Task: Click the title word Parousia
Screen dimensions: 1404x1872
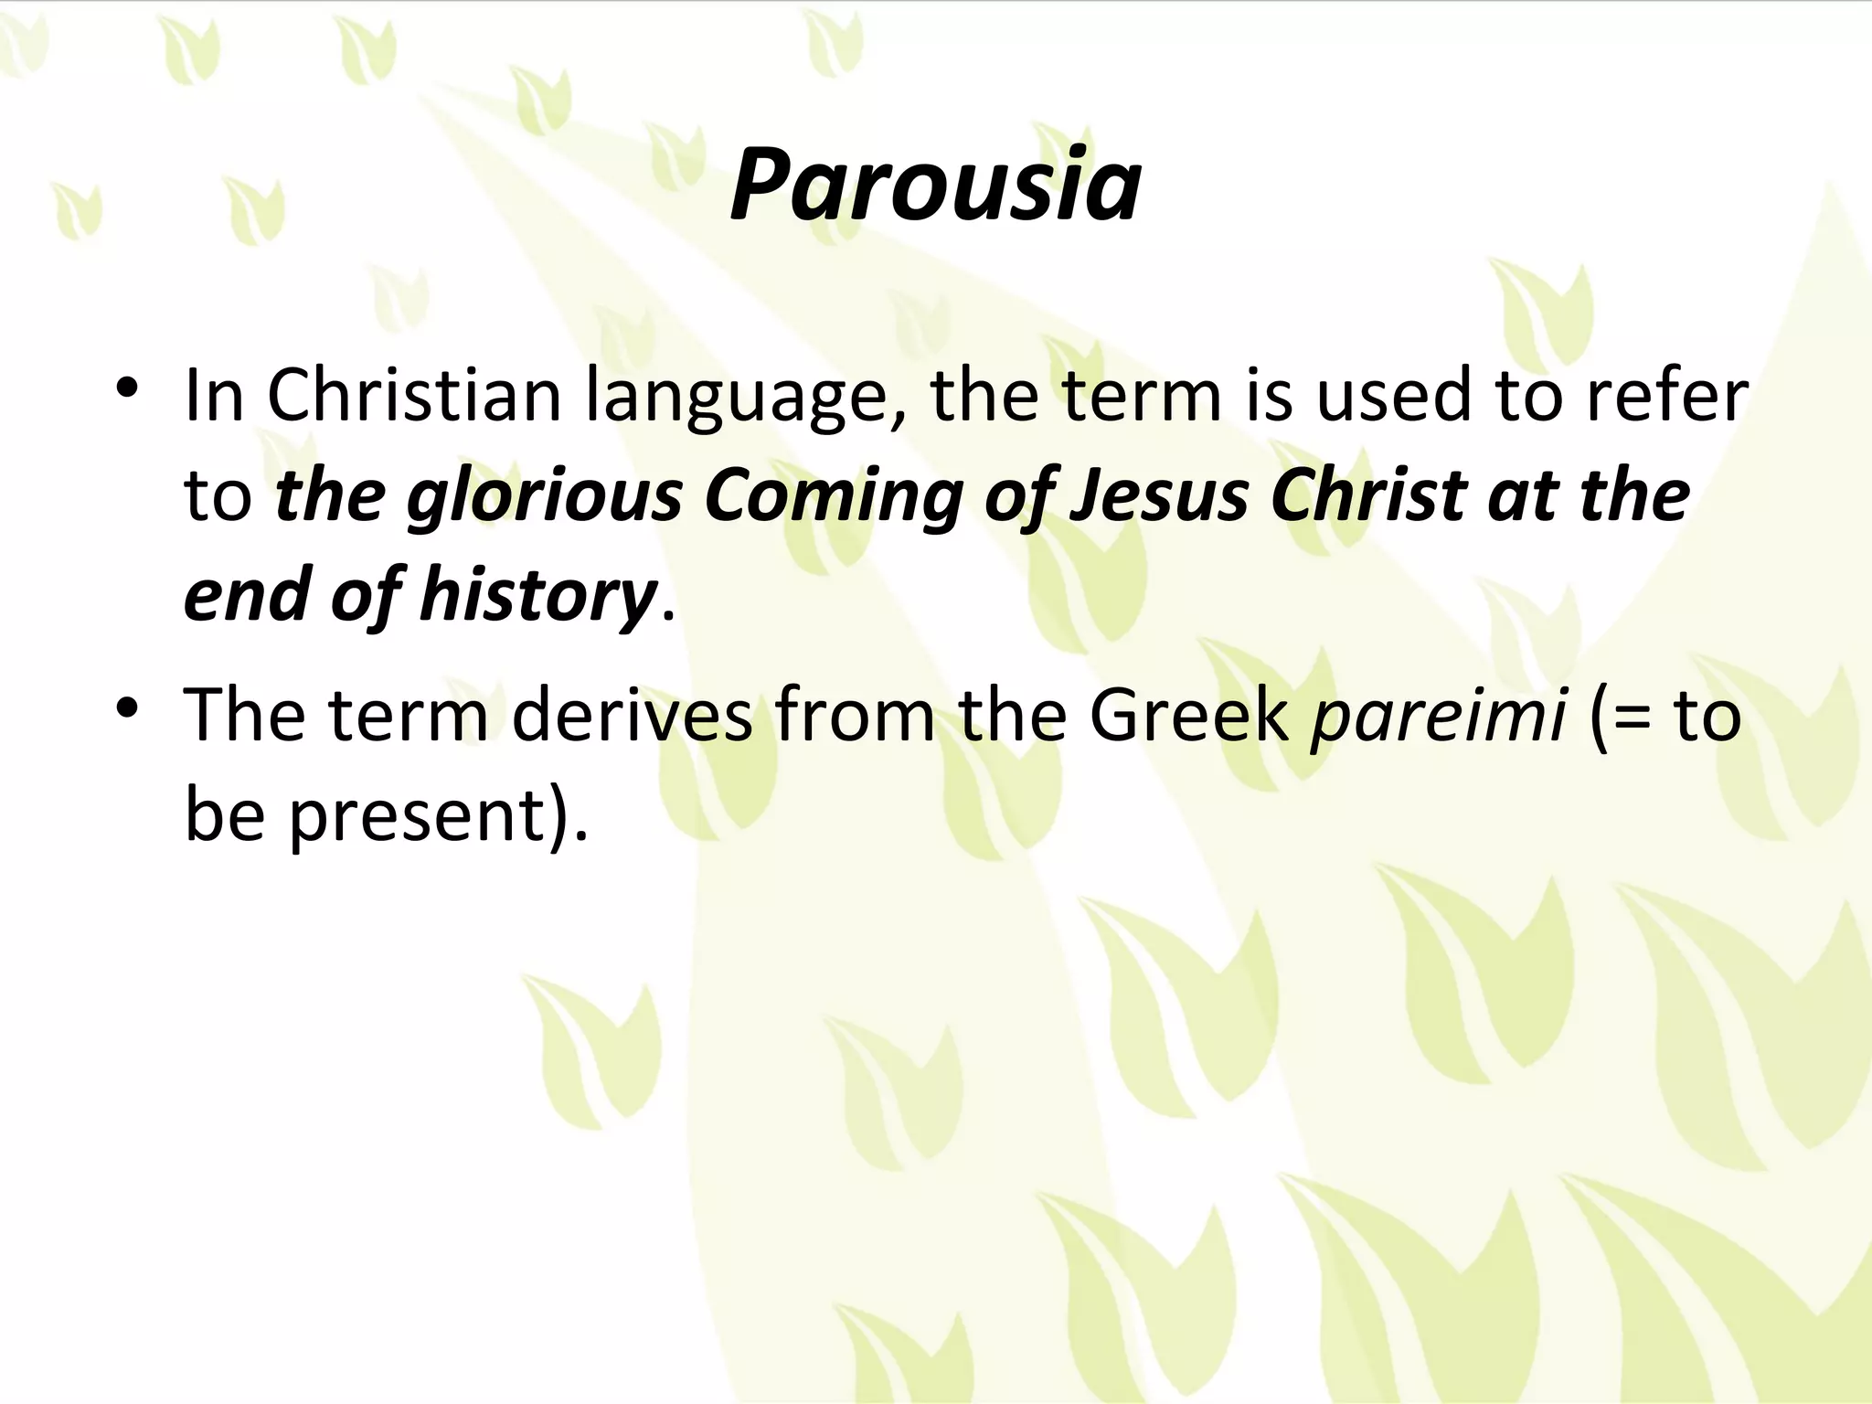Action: (x=935, y=186)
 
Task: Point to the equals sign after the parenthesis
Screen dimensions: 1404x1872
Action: (x=1636, y=718)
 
